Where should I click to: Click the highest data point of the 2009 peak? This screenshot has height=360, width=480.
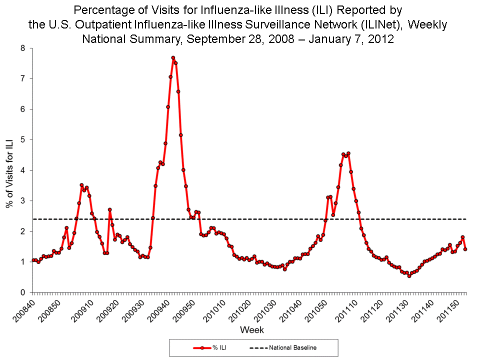tap(173, 58)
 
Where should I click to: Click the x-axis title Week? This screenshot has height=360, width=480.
tap(252, 330)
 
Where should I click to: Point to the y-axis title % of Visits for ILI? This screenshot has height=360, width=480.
tap(9, 170)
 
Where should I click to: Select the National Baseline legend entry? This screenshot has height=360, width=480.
tap(282, 347)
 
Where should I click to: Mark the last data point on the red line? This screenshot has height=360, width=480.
tap(465, 249)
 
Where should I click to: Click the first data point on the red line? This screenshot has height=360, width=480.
tap(33, 260)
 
